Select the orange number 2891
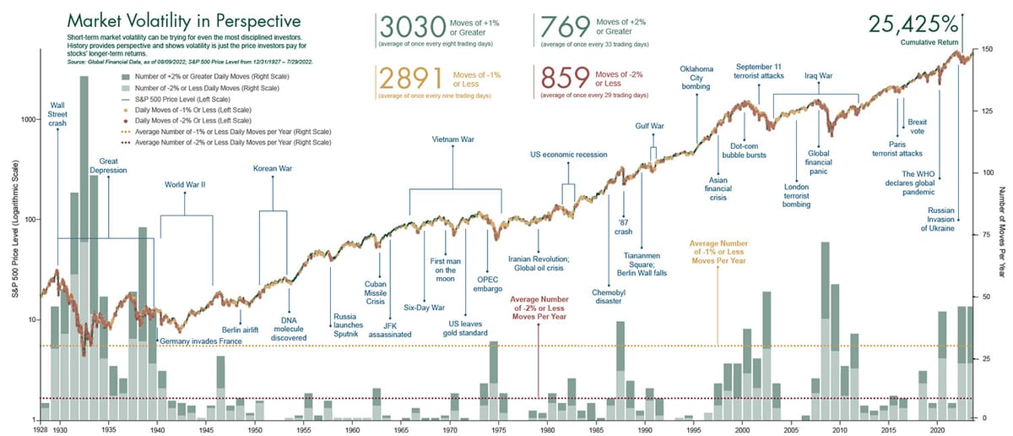410,79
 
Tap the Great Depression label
113,165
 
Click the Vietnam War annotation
453,139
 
